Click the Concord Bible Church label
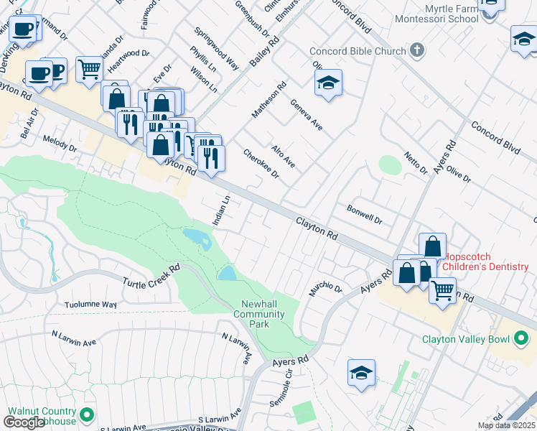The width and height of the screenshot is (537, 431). pos(358,52)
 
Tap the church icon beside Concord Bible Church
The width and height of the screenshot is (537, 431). pos(418,51)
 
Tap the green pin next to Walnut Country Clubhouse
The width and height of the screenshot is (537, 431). pos(87,414)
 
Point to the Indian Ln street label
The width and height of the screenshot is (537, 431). pos(222,210)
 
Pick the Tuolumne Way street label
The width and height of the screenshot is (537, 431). pos(90,305)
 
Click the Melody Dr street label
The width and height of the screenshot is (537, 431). pos(60,142)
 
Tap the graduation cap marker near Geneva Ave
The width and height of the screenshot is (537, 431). pos(328,83)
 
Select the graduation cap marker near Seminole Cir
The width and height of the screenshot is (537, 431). pos(361,374)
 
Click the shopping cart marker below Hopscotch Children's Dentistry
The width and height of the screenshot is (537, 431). pos(442,291)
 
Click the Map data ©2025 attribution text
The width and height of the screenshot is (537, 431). pos(506,425)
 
